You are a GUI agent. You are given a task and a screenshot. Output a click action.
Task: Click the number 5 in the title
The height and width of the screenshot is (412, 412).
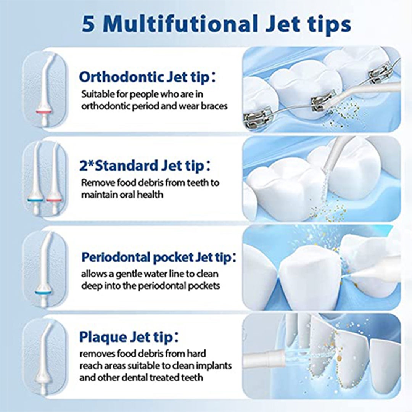coord(88,24)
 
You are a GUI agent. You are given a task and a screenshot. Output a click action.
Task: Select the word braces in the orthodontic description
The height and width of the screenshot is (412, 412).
coord(214,106)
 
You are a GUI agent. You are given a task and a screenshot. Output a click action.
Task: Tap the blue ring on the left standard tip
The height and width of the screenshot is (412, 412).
coord(35,201)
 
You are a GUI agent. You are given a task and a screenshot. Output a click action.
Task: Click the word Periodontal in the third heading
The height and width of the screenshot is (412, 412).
coord(116,257)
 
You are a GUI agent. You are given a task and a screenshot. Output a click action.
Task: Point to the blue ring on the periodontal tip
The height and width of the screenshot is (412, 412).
coord(43,292)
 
